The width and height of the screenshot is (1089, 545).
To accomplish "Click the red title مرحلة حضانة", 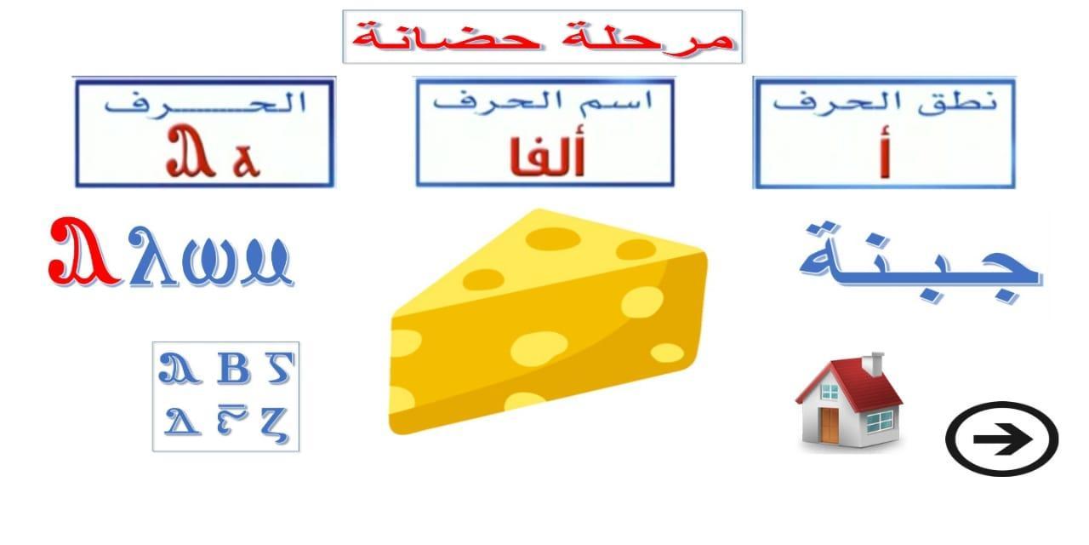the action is coord(543,37).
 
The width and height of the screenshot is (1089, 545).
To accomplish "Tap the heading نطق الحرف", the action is coord(885,103).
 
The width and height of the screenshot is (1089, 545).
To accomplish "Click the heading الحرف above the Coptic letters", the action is coord(205,103).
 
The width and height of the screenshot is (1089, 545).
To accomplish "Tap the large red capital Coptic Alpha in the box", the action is coord(190,151).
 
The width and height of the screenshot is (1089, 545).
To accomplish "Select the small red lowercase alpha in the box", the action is coord(247,160).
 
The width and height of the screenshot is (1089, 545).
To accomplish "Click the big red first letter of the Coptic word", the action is coord(84,252).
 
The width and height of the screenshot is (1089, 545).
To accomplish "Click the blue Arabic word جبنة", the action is coord(921,263).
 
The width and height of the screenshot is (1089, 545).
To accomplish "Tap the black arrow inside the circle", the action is coord(1002,439).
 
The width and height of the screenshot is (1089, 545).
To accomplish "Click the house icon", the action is coord(849,400).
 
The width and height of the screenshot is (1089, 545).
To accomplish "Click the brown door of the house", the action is coord(830,425).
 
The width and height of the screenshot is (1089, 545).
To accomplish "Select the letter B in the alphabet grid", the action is coord(234,369).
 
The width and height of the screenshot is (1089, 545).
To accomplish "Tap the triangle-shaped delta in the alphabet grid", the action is coord(182,421).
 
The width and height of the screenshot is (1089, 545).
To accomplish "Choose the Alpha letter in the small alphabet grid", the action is coord(179,369).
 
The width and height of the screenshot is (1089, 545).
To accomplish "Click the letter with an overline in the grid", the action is coord(232,419).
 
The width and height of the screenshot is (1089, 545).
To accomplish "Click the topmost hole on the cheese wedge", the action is coord(553,238).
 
